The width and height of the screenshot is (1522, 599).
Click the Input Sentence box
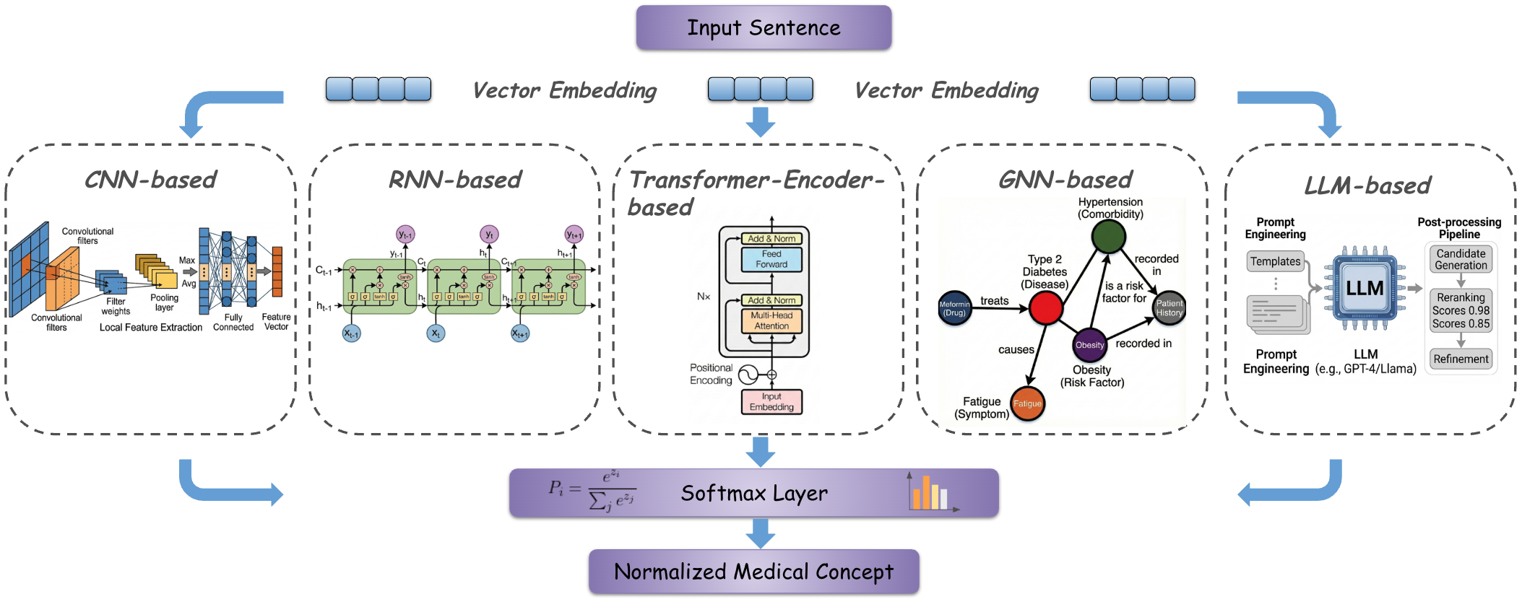[x=764, y=27]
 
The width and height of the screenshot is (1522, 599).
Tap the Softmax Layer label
[x=754, y=494]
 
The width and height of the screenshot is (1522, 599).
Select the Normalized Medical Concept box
[x=753, y=572]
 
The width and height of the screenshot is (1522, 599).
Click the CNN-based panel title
[x=150, y=180]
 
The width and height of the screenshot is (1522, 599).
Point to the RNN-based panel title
[x=454, y=180]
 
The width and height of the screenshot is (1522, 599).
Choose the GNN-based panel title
[x=1065, y=180]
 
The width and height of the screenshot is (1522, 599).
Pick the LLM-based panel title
[x=1367, y=185]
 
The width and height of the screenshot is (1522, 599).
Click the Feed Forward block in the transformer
[x=771, y=259]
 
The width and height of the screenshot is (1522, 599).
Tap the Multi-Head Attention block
[x=771, y=321]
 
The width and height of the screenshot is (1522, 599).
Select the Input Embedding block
[x=771, y=402]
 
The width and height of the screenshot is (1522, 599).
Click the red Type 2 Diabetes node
[x=1045, y=308]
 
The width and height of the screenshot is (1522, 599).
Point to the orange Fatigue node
[x=1027, y=403]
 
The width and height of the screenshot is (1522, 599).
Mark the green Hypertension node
[x=1108, y=236]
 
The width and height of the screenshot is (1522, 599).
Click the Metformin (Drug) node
[x=954, y=309]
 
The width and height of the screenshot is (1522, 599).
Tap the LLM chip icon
[x=1365, y=289]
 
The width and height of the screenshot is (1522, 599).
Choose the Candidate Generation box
[x=1461, y=260]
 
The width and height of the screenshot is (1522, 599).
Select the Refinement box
[x=1461, y=359]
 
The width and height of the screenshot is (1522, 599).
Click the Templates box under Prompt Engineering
[x=1275, y=261]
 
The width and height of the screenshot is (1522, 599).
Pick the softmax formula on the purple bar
[x=592, y=491]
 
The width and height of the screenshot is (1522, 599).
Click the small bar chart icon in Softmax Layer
[x=932, y=493]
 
